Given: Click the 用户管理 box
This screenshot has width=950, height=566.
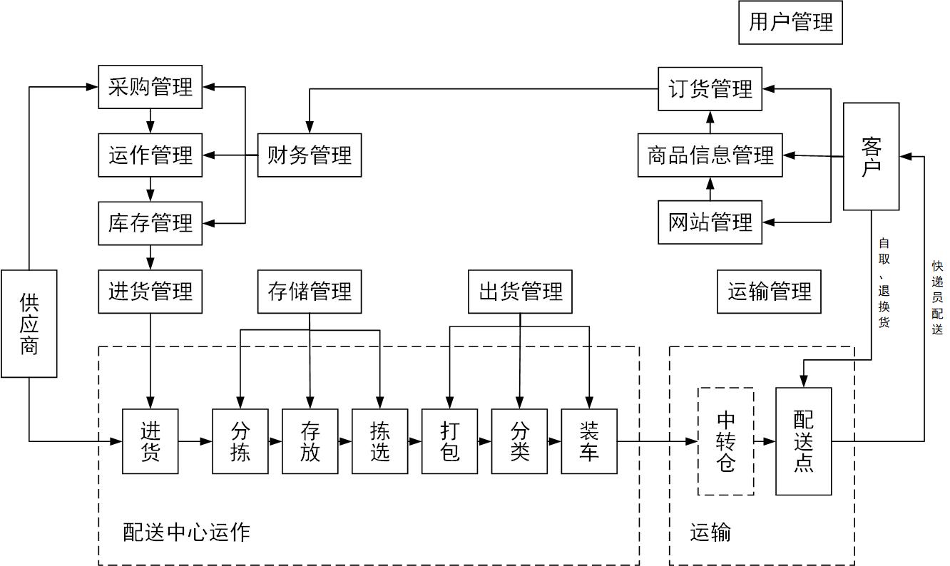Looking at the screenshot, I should (x=790, y=23).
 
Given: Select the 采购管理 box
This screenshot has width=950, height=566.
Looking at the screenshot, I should (x=150, y=88).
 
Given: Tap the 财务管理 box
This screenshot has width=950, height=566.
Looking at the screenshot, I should (x=309, y=155).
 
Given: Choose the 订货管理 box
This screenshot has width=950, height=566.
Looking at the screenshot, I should (x=710, y=89).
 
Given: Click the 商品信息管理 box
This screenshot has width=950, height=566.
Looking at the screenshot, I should (x=710, y=155).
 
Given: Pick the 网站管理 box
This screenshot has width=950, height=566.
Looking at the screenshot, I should (x=710, y=222).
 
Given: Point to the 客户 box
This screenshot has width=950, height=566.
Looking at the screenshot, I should (x=871, y=156).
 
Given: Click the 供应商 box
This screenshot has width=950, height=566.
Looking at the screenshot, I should (x=29, y=323).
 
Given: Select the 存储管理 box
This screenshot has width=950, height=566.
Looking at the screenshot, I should (x=309, y=292).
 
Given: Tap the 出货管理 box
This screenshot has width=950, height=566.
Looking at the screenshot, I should (x=520, y=292).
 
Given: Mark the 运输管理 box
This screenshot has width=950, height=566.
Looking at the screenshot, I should (x=769, y=292).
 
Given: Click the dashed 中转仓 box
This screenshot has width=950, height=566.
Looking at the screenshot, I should (x=725, y=441).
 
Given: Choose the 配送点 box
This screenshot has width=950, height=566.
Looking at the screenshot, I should (x=803, y=441).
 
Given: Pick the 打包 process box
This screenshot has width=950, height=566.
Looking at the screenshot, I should (x=449, y=441).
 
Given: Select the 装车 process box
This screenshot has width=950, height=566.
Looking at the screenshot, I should (x=589, y=441).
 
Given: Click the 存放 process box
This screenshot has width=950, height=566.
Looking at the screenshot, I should (x=310, y=441).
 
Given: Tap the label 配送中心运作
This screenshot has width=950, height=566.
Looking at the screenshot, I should (x=186, y=532).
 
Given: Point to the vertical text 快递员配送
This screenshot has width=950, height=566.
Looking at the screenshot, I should (x=937, y=297).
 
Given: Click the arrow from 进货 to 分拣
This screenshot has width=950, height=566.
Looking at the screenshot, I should (x=195, y=441).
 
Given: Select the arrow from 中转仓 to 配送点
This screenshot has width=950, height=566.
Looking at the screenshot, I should (x=765, y=441).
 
